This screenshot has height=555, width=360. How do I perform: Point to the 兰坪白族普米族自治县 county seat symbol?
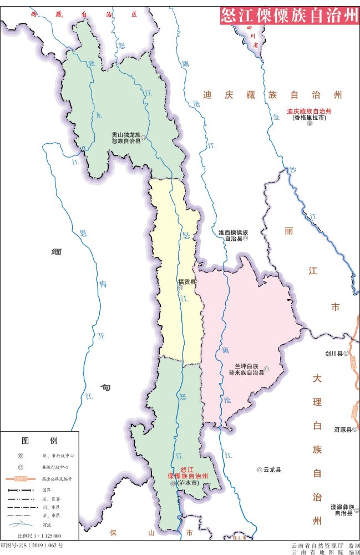[x=266, y=369]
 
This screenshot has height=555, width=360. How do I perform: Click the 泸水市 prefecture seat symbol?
[x=173, y=483]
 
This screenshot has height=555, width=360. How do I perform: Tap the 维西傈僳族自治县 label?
[x=233, y=235]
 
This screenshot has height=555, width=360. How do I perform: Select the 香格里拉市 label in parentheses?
[x=309, y=118]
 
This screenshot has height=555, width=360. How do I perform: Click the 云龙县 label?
[x=272, y=470]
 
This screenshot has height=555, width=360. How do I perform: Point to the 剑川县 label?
[x=334, y=353]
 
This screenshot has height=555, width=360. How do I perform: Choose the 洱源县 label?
[x=342, y=429]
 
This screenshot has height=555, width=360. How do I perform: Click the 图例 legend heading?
[x=39, y=441]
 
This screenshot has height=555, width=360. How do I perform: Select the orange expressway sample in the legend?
[x=21, y=478]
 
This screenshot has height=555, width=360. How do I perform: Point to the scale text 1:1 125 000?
[x=39, y=536]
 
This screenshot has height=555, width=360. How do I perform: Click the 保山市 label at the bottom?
[x=150, y=533]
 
